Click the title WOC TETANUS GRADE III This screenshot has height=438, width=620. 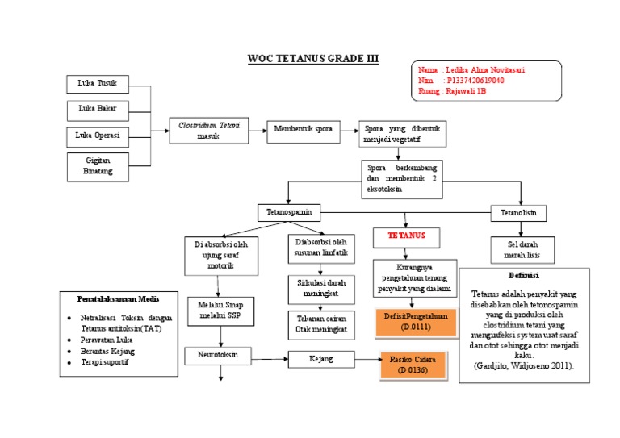(312, 60)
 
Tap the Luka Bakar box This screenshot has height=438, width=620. (97, 109)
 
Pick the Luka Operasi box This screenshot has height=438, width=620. (97, 136)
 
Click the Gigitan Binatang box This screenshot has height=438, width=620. (97, 166)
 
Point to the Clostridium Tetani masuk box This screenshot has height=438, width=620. (209, 131)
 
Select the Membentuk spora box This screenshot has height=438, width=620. (303, 129)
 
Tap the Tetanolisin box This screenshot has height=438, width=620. (518, 213)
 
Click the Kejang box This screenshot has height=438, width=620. (322, 358)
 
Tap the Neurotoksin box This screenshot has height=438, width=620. (219, 356)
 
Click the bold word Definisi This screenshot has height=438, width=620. (524, 275)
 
